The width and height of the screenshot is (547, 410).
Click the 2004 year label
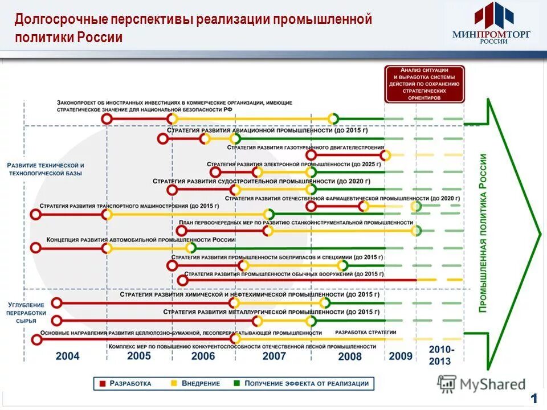click(x=67, y=356)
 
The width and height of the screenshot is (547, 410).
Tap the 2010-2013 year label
click(x=439, y=355)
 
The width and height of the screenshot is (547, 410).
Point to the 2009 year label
click(x=400, y=356)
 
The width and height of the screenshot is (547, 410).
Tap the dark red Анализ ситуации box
click(x=424, y=84)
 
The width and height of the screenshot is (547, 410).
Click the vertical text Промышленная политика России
click(x=483, y=233)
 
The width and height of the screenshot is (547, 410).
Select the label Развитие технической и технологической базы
click(x=46, y=169)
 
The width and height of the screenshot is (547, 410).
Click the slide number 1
click(x=534, y=397)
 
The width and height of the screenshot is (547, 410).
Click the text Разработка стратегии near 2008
click(x=365, y=333)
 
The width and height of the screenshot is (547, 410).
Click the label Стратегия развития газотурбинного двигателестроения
click(x=305, y=147)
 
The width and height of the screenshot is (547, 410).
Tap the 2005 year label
click(x=138, y=356)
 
